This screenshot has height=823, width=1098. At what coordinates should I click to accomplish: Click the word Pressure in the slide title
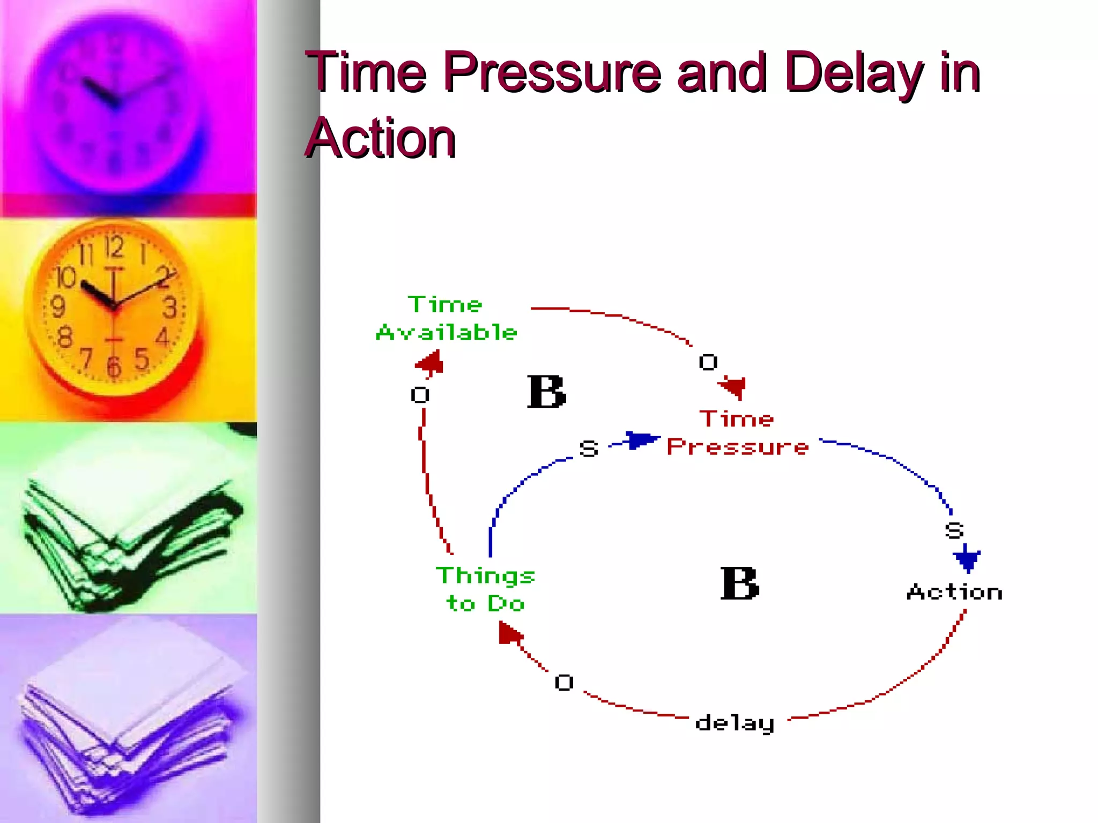click(552, 72)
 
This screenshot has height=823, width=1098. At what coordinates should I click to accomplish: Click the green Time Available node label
click(446, 318)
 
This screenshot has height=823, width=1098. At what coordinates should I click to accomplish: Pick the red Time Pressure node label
click(737, 433)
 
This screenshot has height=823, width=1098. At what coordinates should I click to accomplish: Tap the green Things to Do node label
click(485, 589)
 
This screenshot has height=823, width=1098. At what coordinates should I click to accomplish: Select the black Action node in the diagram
click(954, 592)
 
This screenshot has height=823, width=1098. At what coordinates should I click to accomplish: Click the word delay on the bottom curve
click(735, 723)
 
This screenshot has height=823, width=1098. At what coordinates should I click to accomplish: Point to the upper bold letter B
click(546, 392)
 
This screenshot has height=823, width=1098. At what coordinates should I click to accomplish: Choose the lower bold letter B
click(739, 584)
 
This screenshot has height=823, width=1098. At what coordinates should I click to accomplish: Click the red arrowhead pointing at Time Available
click(431, 363)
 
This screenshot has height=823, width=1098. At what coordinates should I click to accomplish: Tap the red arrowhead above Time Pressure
click(733, 386)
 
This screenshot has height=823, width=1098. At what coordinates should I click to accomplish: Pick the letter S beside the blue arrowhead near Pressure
click(589, 448)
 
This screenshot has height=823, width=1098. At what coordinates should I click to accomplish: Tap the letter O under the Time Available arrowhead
click(420, 395)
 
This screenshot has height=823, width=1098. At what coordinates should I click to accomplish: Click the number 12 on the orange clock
click(114, 248)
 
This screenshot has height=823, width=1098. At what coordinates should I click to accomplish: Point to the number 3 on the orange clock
click(170, 308)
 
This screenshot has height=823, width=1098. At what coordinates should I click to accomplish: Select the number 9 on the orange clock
click(58, 307)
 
